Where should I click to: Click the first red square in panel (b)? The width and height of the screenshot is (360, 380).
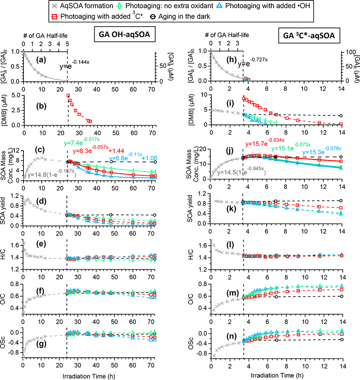click(x=68, y=96)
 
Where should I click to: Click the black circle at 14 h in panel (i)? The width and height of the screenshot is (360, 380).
click(x=340, y=116)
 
